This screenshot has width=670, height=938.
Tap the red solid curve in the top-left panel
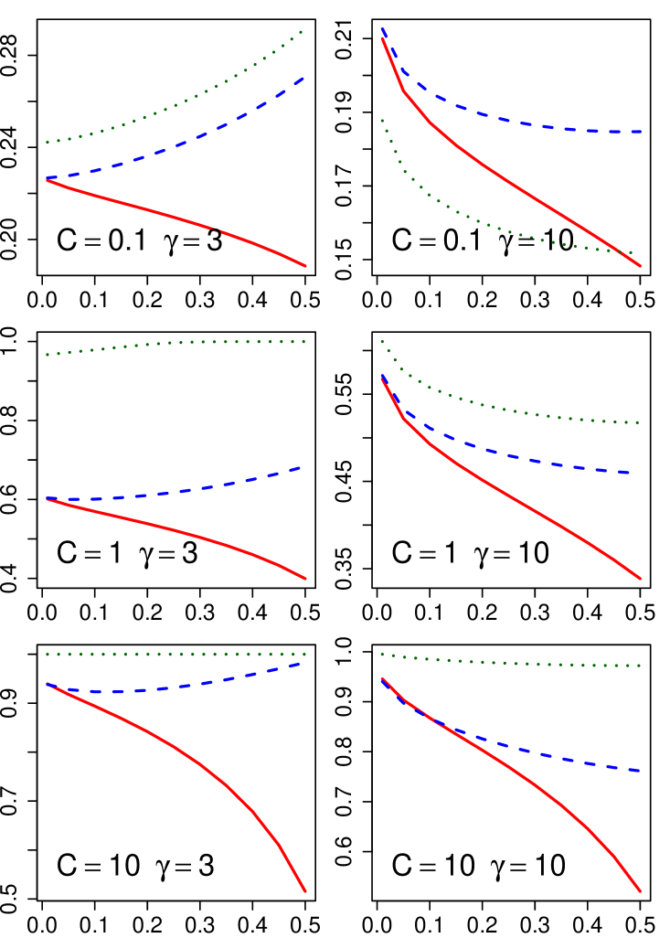click(x=137, y=206)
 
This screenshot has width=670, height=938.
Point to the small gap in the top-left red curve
click(x=216, y=230)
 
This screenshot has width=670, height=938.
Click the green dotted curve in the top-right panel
click(x=457, y=212)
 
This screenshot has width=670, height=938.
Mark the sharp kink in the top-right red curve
click(x=403, y=90)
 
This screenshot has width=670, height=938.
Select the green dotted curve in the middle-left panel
click(x=174, y=343)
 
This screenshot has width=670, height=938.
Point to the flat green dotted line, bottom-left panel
click(x=174, y=655)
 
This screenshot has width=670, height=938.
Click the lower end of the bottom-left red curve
click(x=304, y=890)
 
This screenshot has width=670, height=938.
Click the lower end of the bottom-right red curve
click(x=640, y=890)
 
